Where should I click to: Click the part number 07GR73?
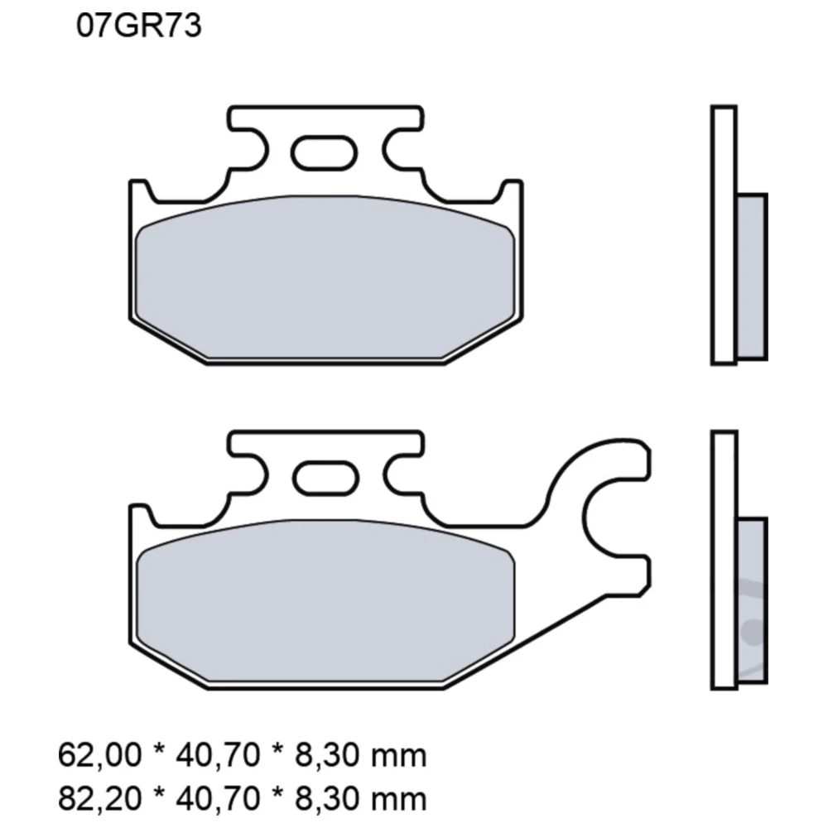139,26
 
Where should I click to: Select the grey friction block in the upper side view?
751,276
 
